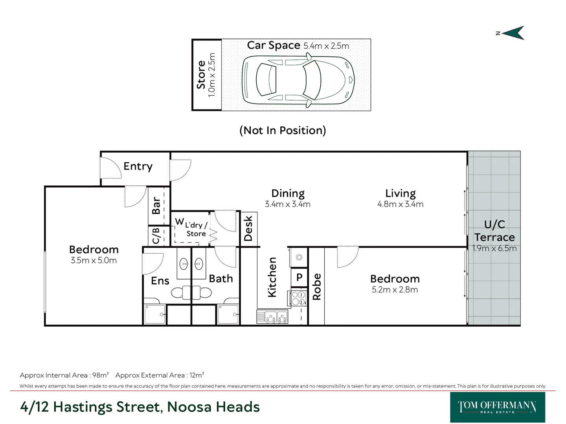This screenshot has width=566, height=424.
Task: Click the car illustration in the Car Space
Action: point(298,80)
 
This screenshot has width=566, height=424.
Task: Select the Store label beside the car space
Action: point(201,75)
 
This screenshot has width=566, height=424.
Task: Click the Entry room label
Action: point(138,166)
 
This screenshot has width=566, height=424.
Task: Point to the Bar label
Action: point(156,205)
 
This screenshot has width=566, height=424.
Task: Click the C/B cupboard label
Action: point(156,236)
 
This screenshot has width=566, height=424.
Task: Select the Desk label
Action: point(248,228)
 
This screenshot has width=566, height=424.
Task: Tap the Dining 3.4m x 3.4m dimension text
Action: point(288,204)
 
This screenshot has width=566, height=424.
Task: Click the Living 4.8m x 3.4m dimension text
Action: point(400,204)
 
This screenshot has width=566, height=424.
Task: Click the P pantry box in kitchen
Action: point(299,277)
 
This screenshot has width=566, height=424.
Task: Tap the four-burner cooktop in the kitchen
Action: point(298,298)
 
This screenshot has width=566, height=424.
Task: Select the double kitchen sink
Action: point(272,316)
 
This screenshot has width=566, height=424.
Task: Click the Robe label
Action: point(316,287)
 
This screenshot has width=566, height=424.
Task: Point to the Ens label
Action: point(160,281)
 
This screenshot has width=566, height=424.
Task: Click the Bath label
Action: point(221,279)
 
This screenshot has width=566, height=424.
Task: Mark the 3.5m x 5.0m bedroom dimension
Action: point(94,260)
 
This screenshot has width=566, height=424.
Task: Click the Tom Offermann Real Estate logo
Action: point(497,407)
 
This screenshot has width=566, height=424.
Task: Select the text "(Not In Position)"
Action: point(283,130)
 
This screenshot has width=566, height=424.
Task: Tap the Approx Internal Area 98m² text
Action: point(64,375)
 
